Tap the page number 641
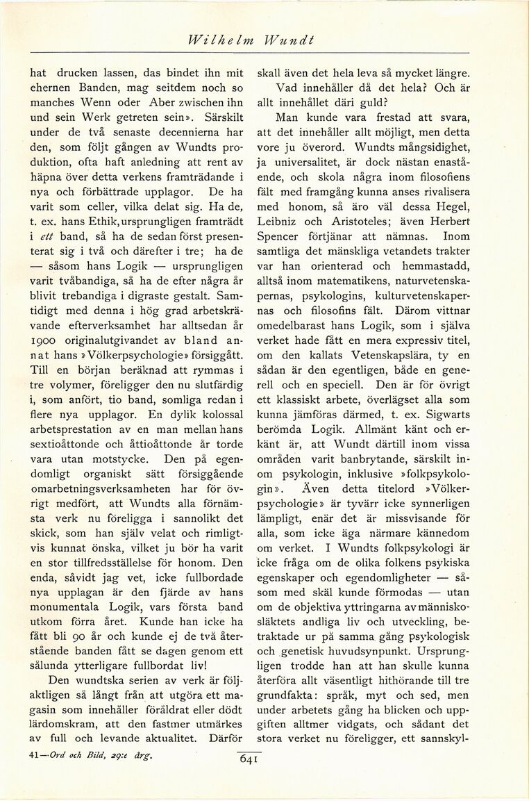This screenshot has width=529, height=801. [x=249, y=759]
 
